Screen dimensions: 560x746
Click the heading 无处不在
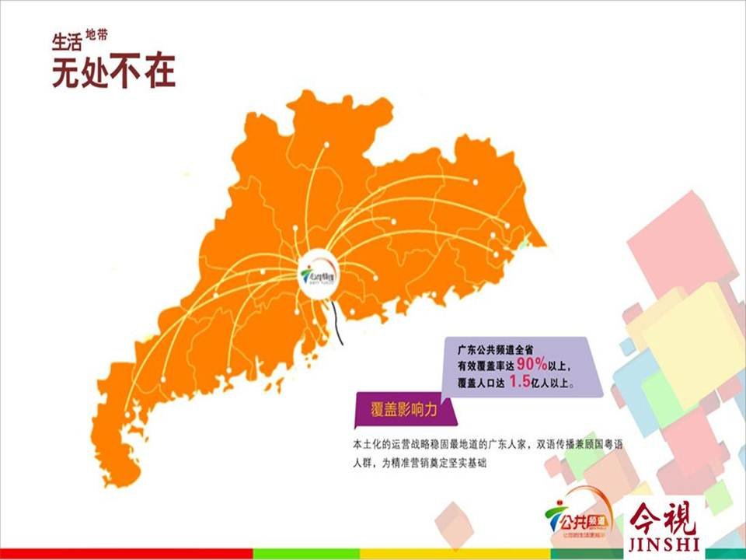(x=113, y=71)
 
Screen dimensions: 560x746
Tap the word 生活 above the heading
(x=68, y=41)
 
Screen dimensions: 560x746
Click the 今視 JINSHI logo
(x=664, y=525)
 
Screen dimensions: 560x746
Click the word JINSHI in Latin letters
(x=664, y=543)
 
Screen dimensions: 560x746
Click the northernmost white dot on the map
(x=326, y=145)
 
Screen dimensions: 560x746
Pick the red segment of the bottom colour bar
(x=124, y=553)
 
